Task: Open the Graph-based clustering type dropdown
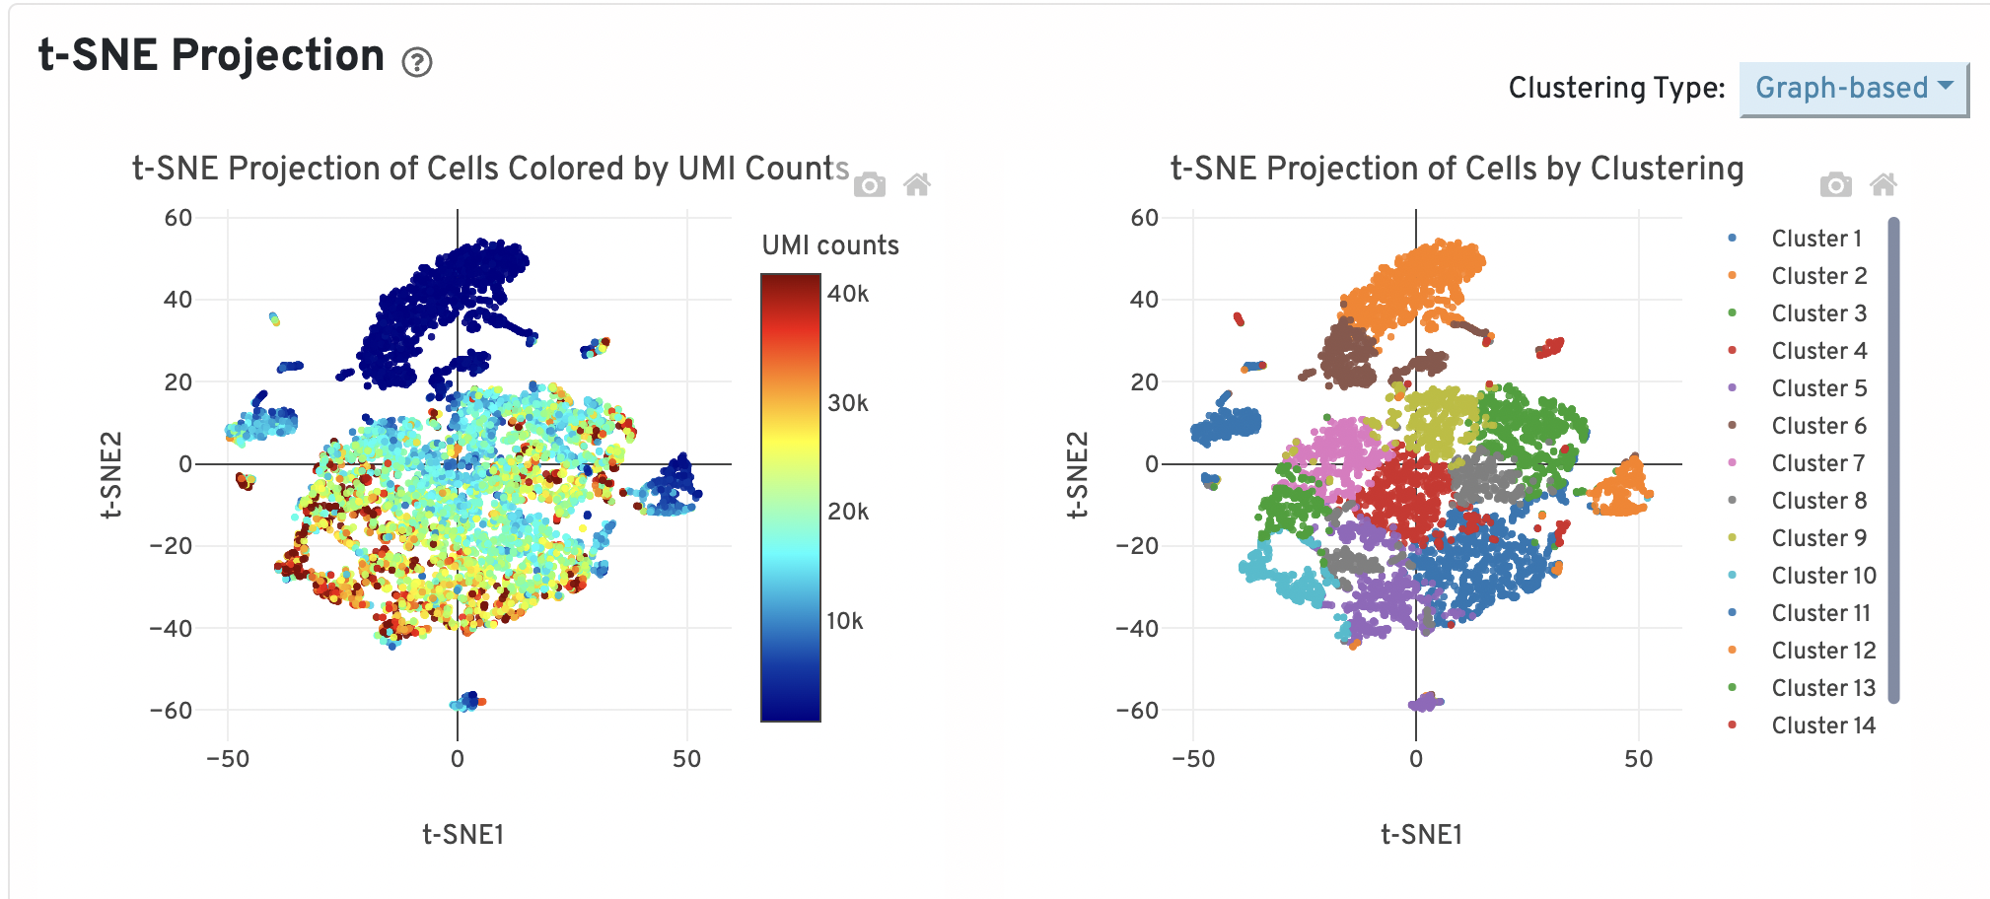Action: click(x=1853, y=89)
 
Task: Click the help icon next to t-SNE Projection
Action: click(x=417, y=63)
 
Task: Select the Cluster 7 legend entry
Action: click(x=1817, y=463)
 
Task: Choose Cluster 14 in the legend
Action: click(x=1822, y=726)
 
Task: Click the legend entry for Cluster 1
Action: click(x=1816, y=239)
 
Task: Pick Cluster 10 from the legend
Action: click(x=1822, y=576)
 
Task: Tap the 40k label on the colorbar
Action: click(x=848, y=294)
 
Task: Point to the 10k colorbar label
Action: click(x=845, y=621)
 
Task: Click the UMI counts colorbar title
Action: click(x=830, y=245)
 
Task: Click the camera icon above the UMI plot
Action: click(x=869, y=185)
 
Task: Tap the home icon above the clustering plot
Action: click(x=1883, y=185)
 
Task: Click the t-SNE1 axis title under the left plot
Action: click(x=463, y=835)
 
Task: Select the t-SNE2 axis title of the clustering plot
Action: click(x=1078, y=474)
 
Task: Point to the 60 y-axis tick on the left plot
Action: click(x=178, y=218)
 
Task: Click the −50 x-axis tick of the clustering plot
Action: click(x=1193, y=759)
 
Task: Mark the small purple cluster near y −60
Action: click(x=1426, y=702)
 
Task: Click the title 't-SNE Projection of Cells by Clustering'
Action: click(x=1457, y=169)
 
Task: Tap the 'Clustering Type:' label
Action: click(x=1616, y=89)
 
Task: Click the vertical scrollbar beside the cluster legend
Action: click(x=1893, y=459)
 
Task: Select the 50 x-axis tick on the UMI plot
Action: click(x=687, y=759)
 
